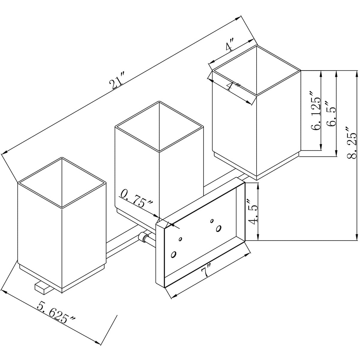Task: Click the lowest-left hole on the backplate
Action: pyautogui.click(x=173, y=254)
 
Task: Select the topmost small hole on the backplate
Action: pyautogui.click(x=212, y=221)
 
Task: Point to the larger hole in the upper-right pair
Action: pyautogui.click(x=219, y=228)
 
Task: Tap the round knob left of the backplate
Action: pyautogui.click(x=143, y=237)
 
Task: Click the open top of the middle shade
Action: pyautogui.click(x=159, y=127)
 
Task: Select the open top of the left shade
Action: pyautogui.click(x=62, y=182)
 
